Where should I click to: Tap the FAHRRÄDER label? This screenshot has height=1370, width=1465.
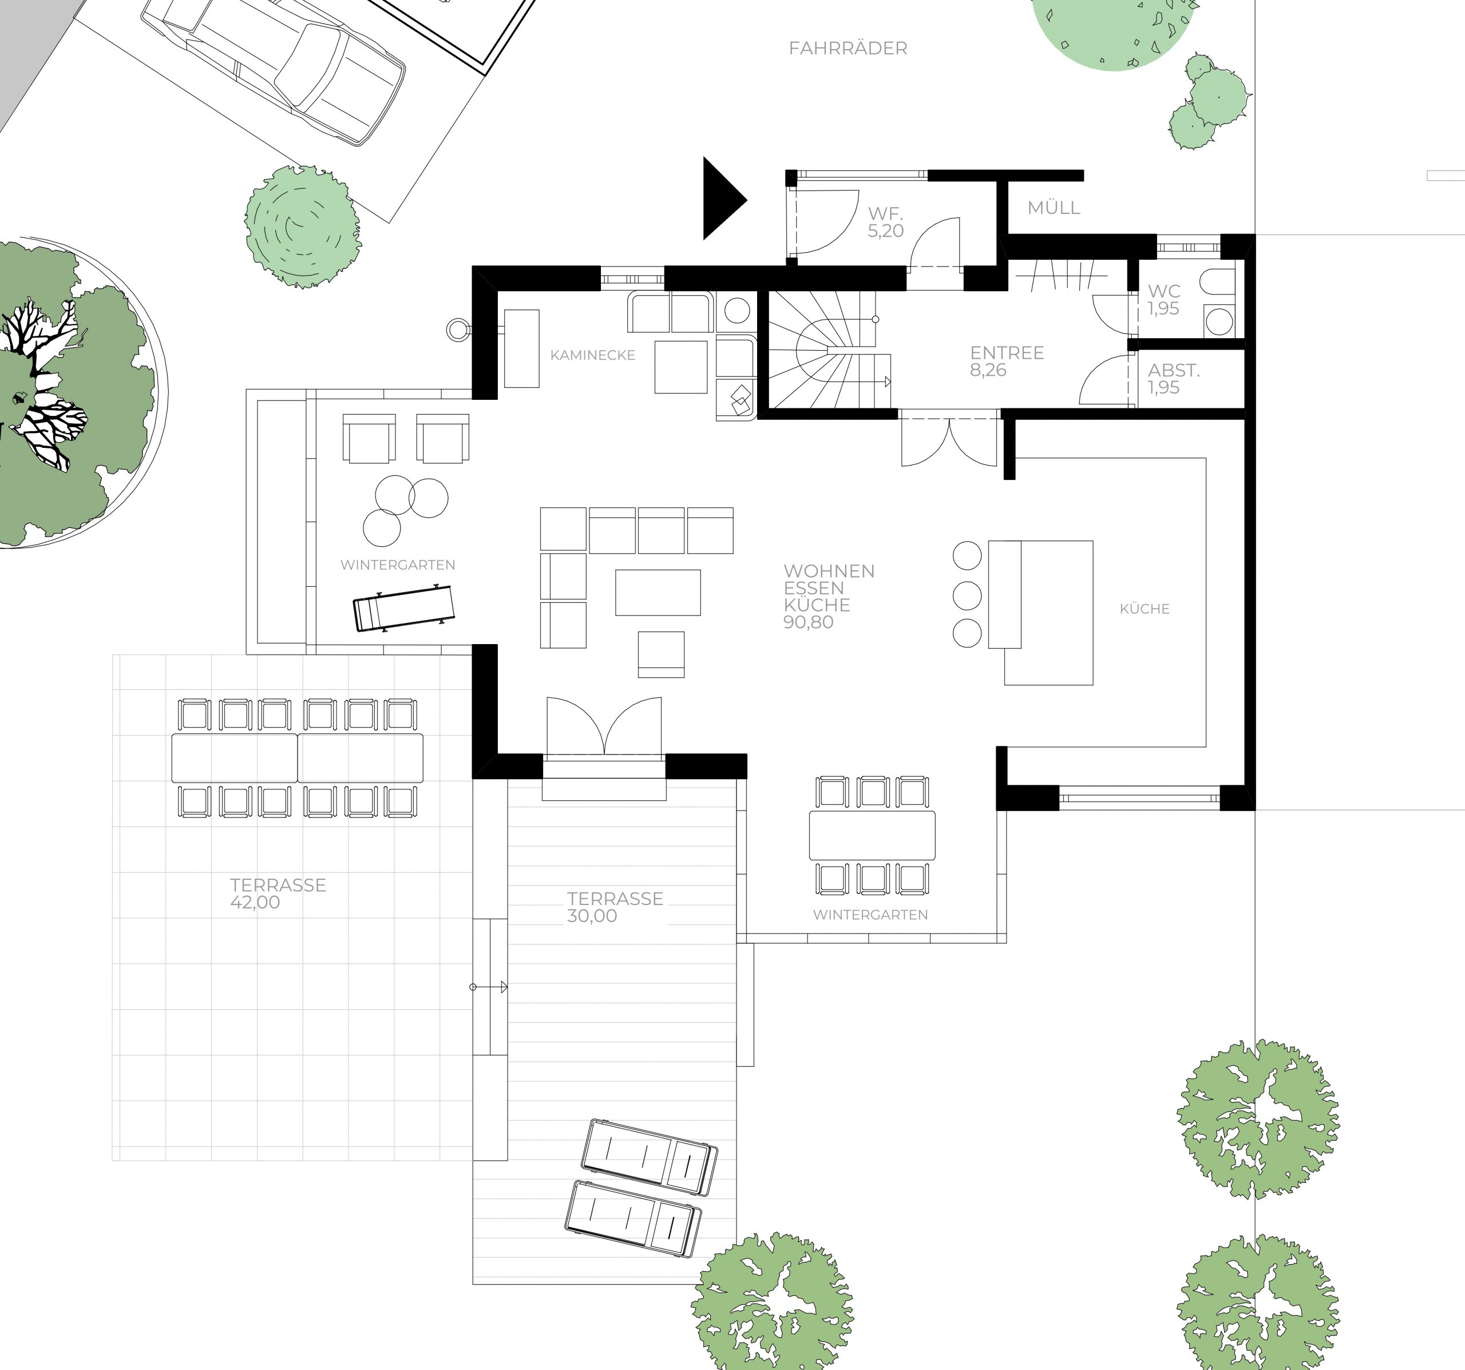pyautogui.click(x=848, y=49)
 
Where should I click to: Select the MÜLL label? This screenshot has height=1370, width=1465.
pyautogui.click(x=1054, y=208)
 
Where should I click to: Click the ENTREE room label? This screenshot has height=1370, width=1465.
pyautogui.click(x=1007, y=353)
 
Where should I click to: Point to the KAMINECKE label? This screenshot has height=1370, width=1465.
pyautogui.click(x=592, y=355)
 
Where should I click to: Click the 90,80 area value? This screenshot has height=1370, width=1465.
pyautogui.click(x=809, y=622)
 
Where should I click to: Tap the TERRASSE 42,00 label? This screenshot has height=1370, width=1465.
pyautogui.click(x=278, y=894)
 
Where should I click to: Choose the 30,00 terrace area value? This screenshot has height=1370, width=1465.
pyautogui.click(x=592, y=916)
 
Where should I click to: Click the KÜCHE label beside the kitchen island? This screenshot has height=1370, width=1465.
pyautogui.click(x=1145, y=609)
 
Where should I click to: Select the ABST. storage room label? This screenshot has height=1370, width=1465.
pyautogui.click(x=1173, y=371)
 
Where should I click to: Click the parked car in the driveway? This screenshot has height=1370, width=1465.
pyautogui.click(x=272, y=70)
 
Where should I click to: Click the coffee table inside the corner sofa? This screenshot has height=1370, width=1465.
pyautogui.click(x=658, y=592)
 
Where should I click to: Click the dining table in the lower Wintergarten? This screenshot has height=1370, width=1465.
pyautogui.click(x=872, y=835)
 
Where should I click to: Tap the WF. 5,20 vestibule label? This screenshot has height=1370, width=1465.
pyautogui.click(x=885, y=223)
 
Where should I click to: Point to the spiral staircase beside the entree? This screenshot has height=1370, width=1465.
pyautogui.click(x=829, y=350)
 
